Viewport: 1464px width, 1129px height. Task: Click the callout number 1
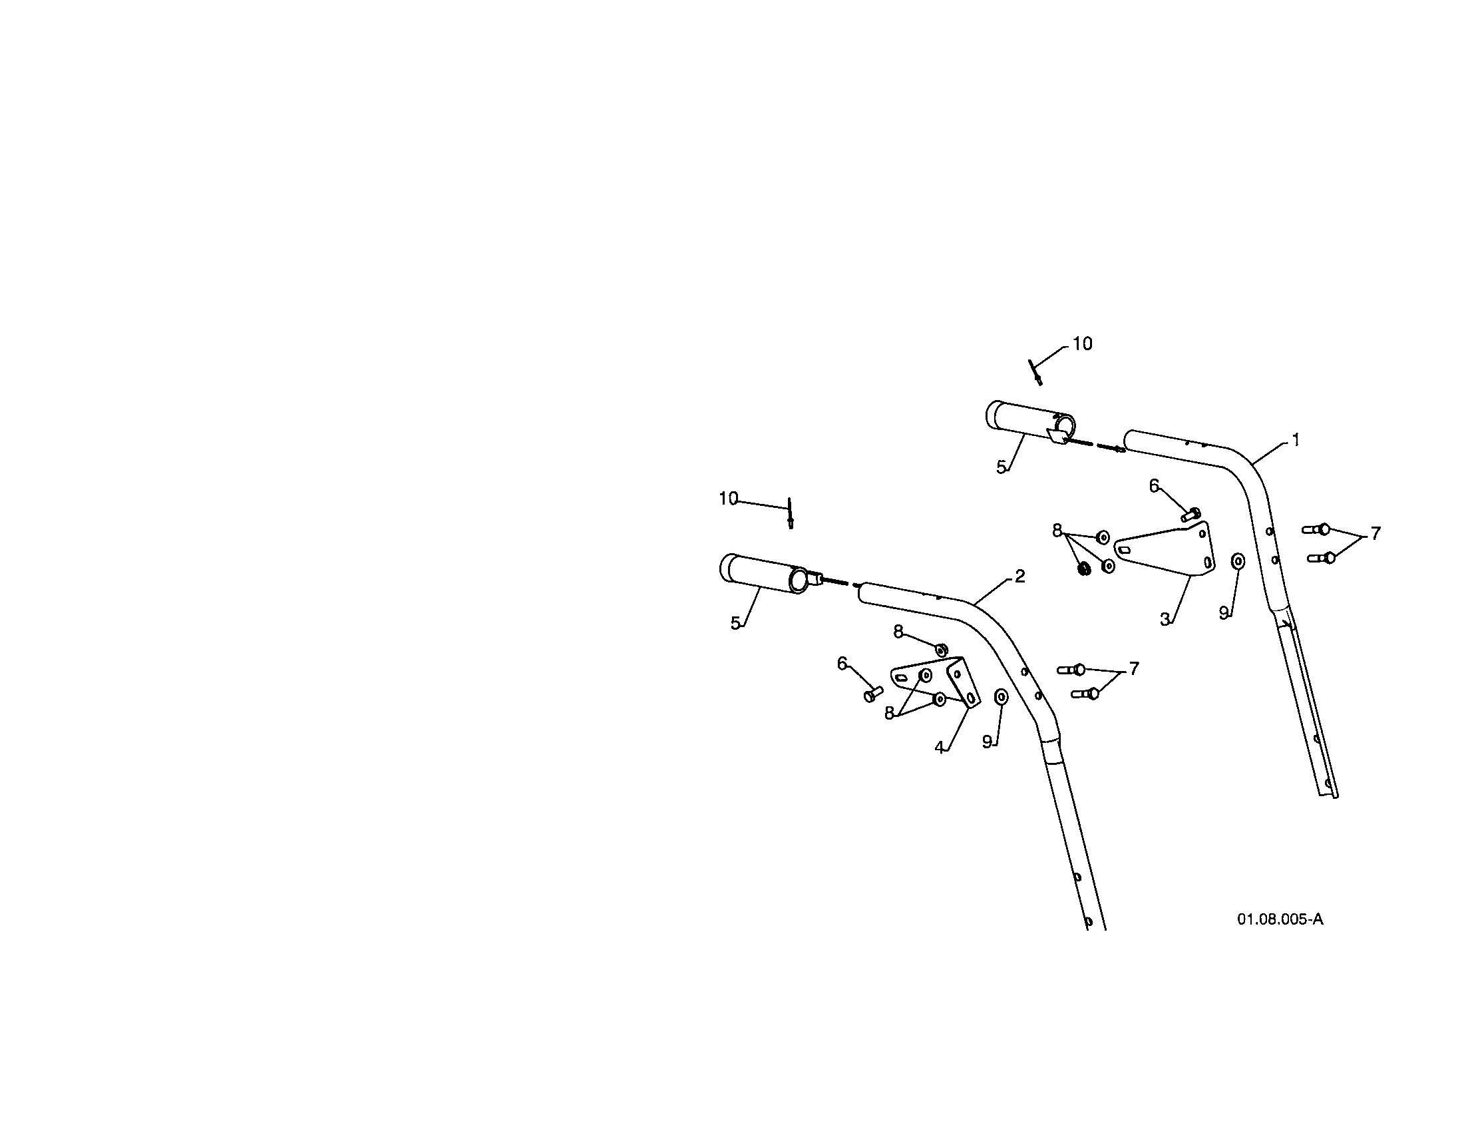1296,440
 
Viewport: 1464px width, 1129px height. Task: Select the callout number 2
1019,576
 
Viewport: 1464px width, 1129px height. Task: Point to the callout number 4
940,747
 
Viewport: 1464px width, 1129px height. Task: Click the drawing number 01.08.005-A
1280,919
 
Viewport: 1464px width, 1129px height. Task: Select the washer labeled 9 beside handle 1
1238,561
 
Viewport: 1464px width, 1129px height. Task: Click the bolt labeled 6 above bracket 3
1190,515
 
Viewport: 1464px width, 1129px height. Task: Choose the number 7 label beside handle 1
1375,533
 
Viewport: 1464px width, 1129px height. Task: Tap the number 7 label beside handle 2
1133,668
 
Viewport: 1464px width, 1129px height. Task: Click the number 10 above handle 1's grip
1082,343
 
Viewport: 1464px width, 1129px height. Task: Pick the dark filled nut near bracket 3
1082,569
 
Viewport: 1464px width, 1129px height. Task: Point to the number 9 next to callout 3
1223,613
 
